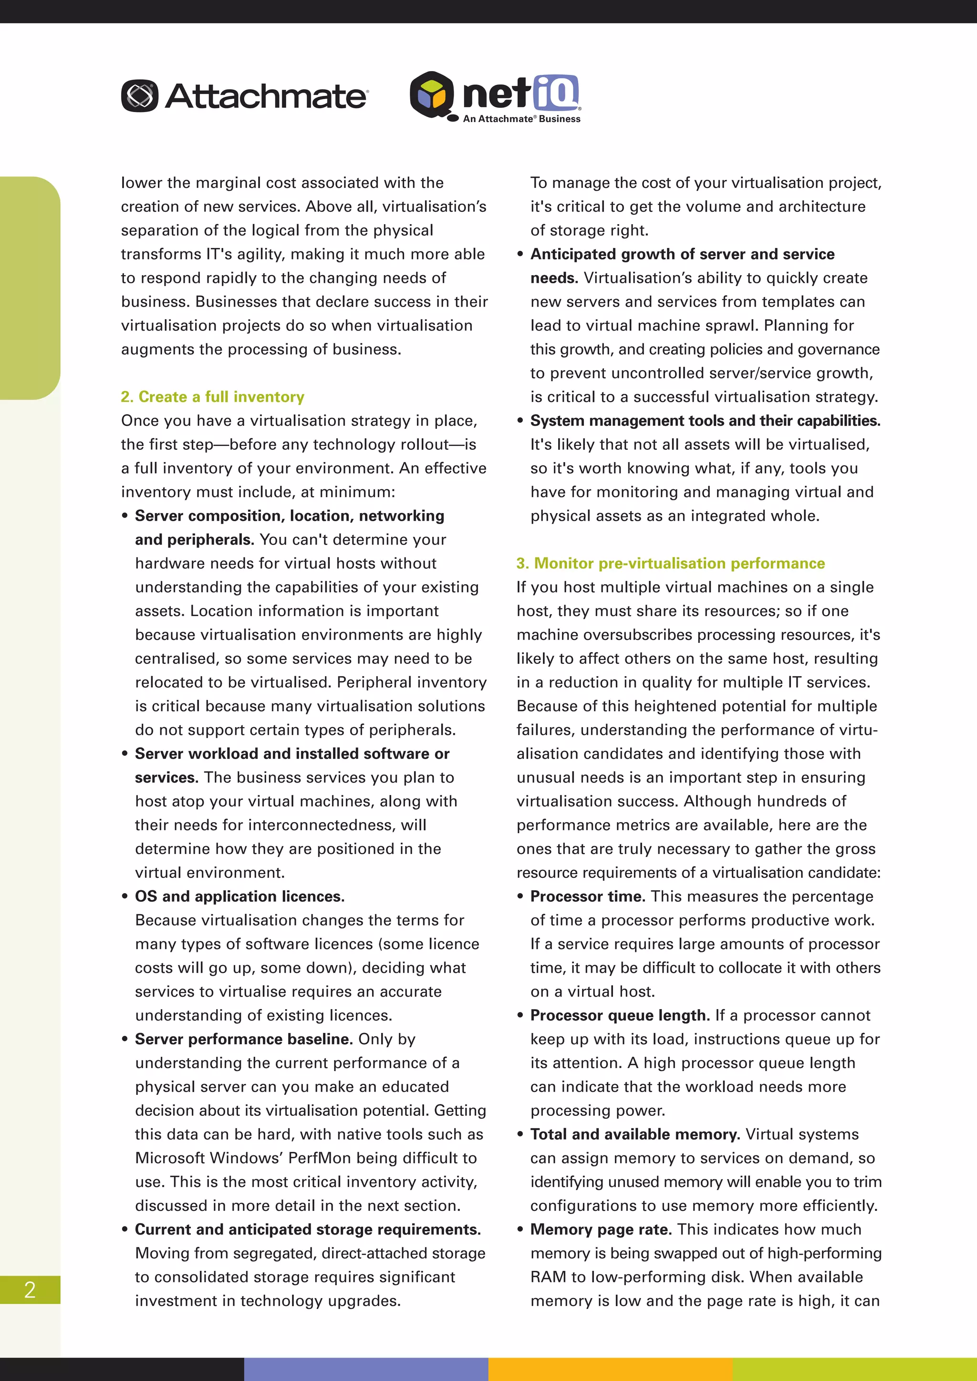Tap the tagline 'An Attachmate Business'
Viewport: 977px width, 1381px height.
pyautogui.click(x=521, y=119)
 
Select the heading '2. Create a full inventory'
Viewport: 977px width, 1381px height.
pyautogui.click(x=212, y=397)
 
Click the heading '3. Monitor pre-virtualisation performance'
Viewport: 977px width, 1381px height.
pyautogui.click(x=670, y=564)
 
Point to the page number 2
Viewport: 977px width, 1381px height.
pyautogui.click(x=30, y=1289)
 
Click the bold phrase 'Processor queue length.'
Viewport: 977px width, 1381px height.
pyautogui.click(x=620, y=1015)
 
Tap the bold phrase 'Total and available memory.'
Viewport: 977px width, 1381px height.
pyautogui.click(x=634, y=1134)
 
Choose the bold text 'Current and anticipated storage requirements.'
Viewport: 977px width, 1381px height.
pyautogui.click(x=307, y=1229)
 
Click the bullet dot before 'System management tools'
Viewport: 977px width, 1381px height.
pyautogui.click(x=520, y=421)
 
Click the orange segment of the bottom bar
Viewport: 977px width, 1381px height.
pyautogui.click(x=610, y=1369)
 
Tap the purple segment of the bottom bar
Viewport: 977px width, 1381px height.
pyautogui.click(x=366, y=1369)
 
